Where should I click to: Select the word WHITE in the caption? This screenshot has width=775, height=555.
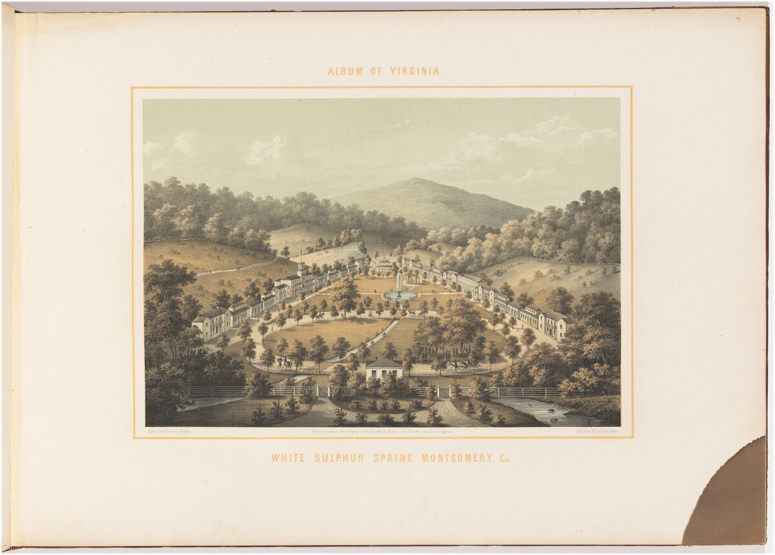tap(288, 459)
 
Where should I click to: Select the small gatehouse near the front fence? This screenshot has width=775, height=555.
tap(384, 368)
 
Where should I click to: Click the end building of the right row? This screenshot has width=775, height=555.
tap(557, 324)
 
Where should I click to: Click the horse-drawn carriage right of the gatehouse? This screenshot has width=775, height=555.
tap(460, 365)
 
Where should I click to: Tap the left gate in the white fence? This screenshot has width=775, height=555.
tap(322, 391)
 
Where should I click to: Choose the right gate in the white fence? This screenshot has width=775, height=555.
tap(443, 391)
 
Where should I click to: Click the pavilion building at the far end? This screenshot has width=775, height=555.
tap(384, 265)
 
